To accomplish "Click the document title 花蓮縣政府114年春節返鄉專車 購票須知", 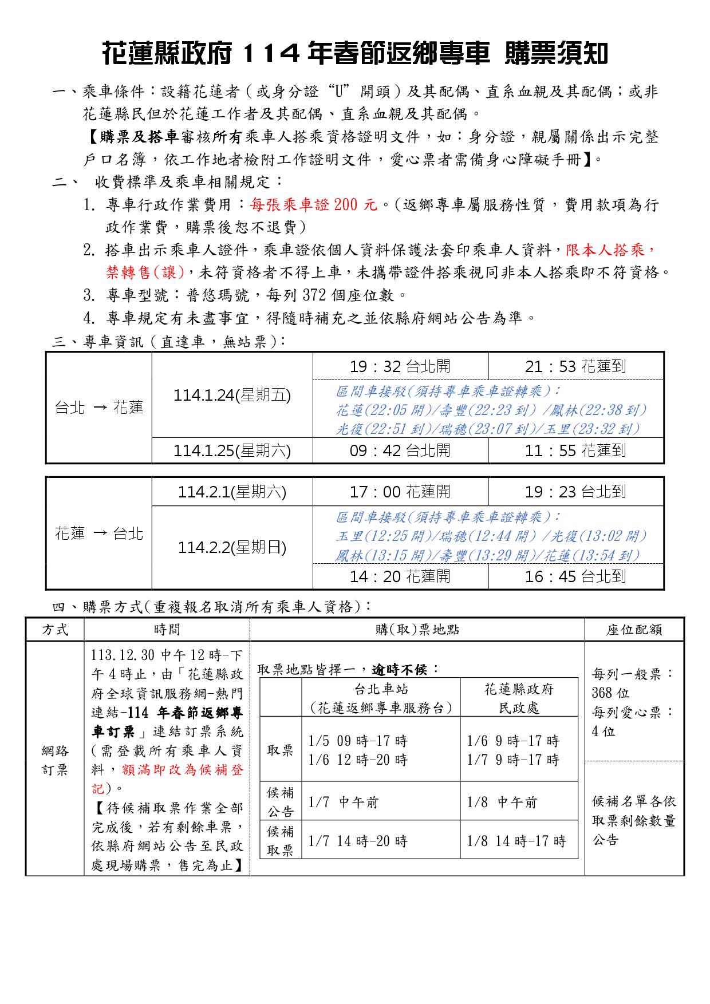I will click(354, 54).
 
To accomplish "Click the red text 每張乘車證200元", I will click(314, 205).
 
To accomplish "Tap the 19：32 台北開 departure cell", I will click(400, 366).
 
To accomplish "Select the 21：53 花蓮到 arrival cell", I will click(575, 366).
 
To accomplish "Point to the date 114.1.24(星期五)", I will click(232, 396).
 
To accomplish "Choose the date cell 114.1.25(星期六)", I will click(232, 451).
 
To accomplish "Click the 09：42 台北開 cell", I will click(400, 451).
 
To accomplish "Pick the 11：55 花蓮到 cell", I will click(575, 451).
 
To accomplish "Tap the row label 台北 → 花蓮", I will click(98, 408).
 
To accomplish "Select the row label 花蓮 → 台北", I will click(98, 533).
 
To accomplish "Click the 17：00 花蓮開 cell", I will click(400, 492).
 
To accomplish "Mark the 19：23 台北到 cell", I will click(575, 492).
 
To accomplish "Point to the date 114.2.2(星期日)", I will click(232, 548).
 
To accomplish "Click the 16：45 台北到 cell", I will click(575, 576).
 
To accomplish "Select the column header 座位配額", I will click(634, 630).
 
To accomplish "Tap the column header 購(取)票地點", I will click(417, 630).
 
